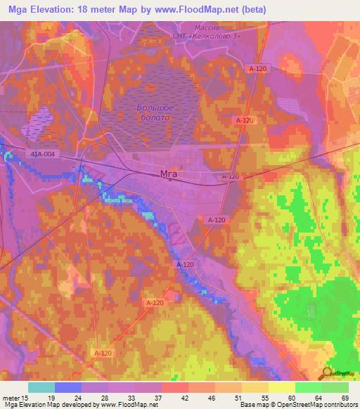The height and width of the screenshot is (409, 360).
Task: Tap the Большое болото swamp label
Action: point(155,112)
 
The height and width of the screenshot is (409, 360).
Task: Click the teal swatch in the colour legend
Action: point(41,387)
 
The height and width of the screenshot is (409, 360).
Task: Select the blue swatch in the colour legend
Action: point(68,387)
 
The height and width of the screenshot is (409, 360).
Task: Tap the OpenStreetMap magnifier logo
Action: point(327,373)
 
